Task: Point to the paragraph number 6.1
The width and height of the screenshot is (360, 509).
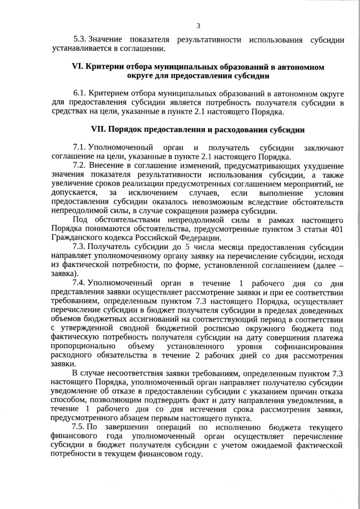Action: [80, 93]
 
